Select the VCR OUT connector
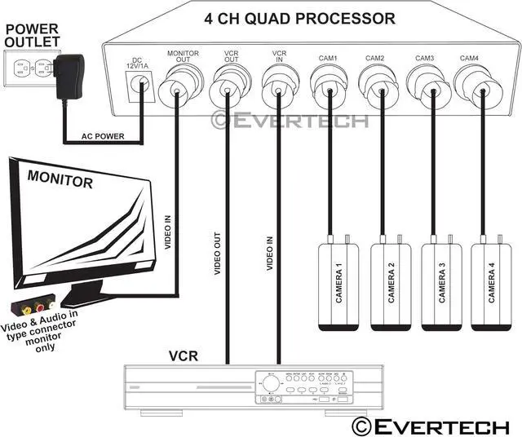coord(228,84)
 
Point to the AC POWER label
coord(102,136)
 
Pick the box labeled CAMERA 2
coord(390,285)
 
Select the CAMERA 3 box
coord(440,285)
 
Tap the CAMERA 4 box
coord(490,285)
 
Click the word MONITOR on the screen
coord(60,179)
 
